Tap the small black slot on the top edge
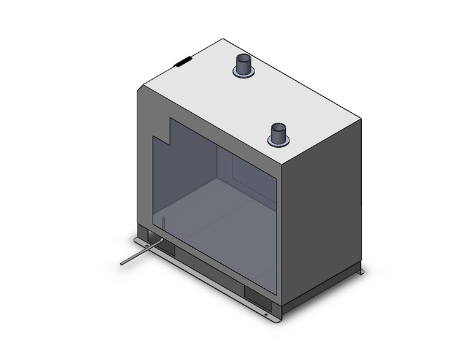point(183,61)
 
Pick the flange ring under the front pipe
point(278,142)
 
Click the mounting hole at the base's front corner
point(266,316)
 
